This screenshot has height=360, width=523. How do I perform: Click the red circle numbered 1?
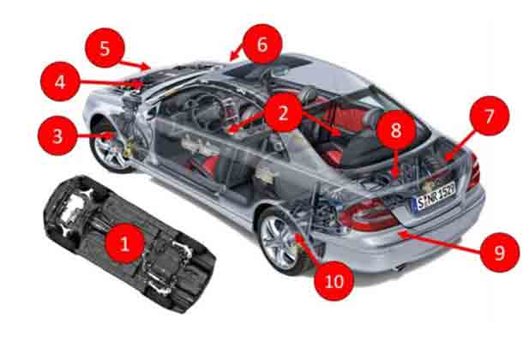pyautogui.click(x=124, y=245)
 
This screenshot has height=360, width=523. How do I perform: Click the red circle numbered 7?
pyautogui.click(x=489, y=117)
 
